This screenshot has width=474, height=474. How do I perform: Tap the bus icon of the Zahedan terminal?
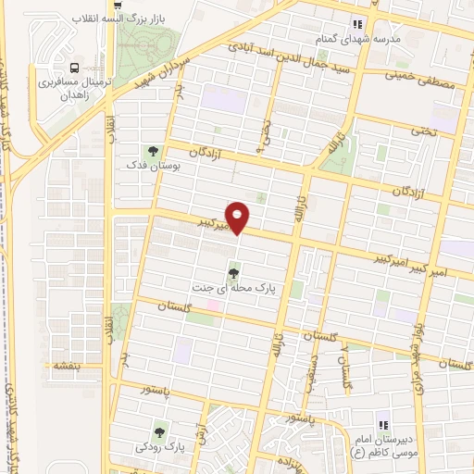75,67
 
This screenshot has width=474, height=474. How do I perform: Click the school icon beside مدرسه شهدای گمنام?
356,25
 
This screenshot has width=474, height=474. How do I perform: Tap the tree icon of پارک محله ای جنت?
232,272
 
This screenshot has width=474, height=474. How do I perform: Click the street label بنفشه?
66,366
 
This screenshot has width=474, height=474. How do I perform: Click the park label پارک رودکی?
160,445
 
